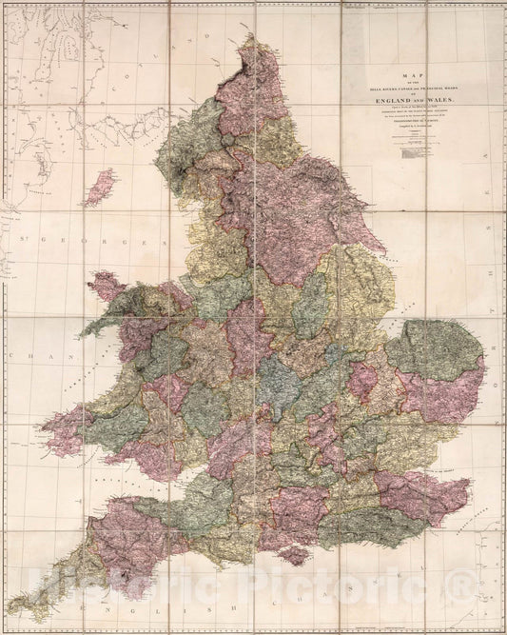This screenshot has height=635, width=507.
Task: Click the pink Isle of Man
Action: (99, 188)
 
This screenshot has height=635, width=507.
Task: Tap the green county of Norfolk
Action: (433, 347)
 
